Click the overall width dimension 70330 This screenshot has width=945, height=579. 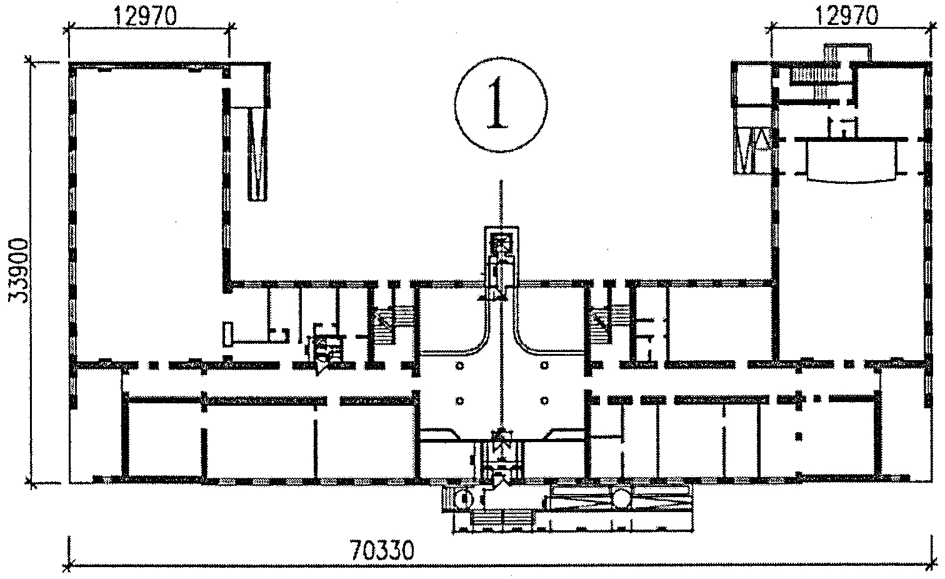pyautogui.click(x=382, y=550)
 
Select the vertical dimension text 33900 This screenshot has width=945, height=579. pyautogui.click(x=19, y=271)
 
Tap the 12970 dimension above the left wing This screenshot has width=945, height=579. pyautogui.click(x=145, y=17)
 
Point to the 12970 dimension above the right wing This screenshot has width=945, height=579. pyautogui.click(x=847, y=16)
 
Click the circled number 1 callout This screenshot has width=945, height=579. pyautogui.click(x=501, y=104)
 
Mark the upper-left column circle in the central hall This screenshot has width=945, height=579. pyautogui.click(x=460, y=365)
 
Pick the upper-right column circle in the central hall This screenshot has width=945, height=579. pyautogui.click(x=544, y=365)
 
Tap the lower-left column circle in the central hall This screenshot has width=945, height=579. pyautogui.click(x=460, y=401)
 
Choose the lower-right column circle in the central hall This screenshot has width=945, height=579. pyautogui.click(x=544, y=401)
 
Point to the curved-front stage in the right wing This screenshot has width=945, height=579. pyautogui.click(x=852, y=160)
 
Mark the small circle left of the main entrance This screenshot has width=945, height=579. pyautogui.click(x=465, y=500)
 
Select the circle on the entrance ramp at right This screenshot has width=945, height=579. pyautogui.click(x=622, y=498)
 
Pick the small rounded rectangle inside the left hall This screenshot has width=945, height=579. pyautogui.click(x=227, y=335)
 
